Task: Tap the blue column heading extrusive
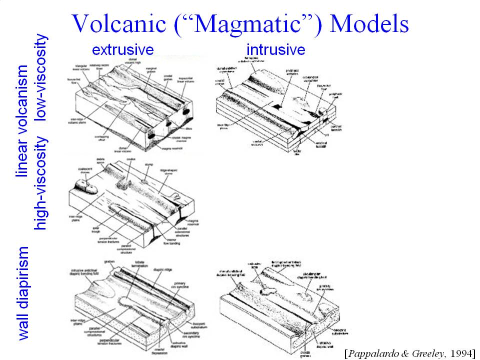(122, 49)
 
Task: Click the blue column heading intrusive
(275, 49)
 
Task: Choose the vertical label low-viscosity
(41, 77)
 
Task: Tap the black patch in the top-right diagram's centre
(275, 106)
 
